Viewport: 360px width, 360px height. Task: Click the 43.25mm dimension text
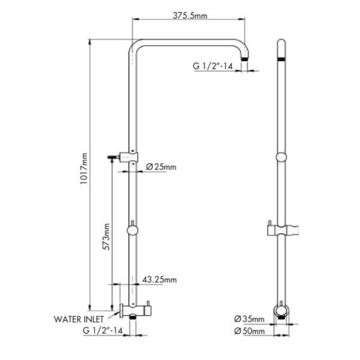point(158,280)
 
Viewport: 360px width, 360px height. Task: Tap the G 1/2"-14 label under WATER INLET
point(103,330)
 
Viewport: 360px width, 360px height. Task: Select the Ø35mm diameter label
point(250,318)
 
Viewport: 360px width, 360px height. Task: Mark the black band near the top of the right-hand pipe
point(281,60)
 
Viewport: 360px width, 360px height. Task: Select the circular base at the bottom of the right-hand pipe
point(281,311)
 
